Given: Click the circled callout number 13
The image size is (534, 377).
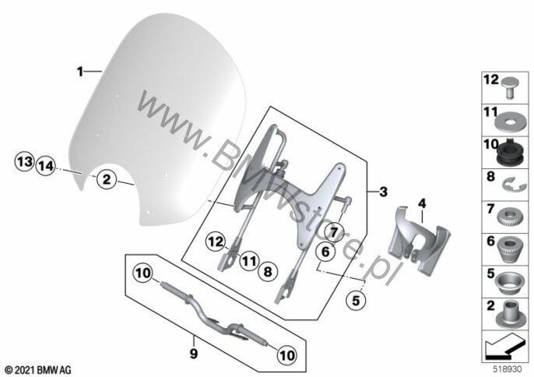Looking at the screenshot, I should (x=24, y=162).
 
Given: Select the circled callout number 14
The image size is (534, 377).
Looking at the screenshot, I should (x=45, y=165).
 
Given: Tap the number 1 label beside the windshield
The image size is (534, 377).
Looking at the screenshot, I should (x=79, y=71).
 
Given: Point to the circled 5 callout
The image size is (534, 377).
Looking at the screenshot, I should (x=355, y=298).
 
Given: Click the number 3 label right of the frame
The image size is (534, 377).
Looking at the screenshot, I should (x=382, y=190).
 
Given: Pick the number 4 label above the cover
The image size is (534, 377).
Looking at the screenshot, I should (x=422, y=204).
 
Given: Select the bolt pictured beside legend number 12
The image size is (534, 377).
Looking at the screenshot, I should (x=510, y=87).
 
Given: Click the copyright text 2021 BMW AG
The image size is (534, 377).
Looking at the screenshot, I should (x=37, y=367).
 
